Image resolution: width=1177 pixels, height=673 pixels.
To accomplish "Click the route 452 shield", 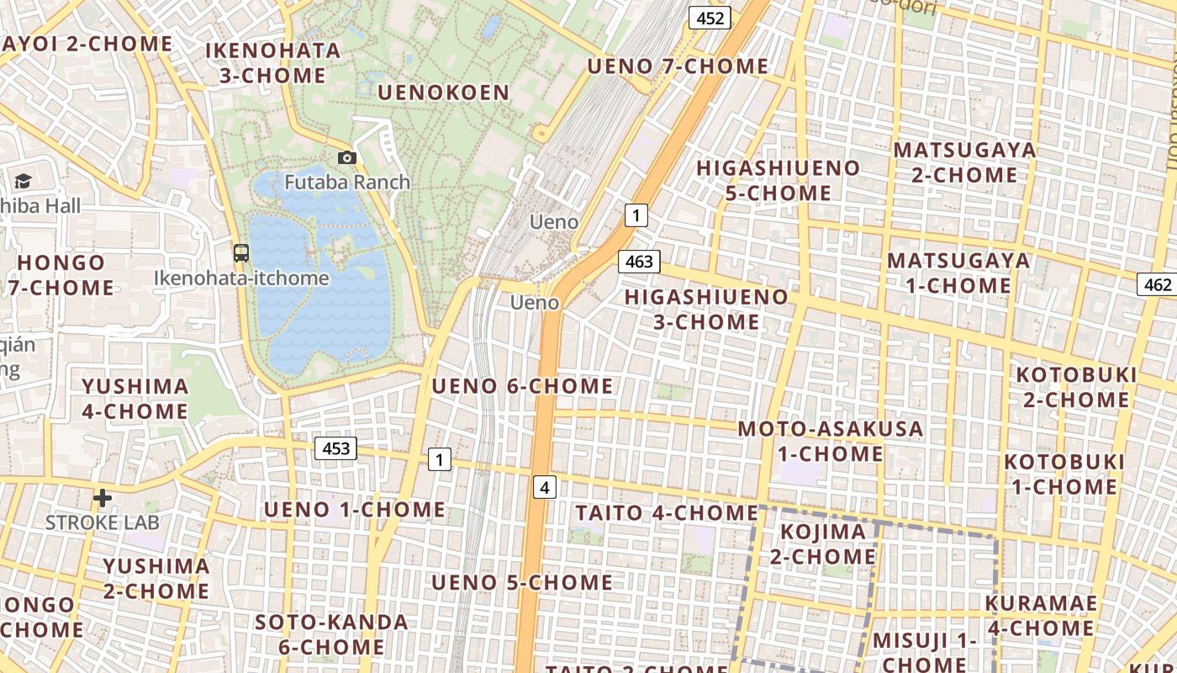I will pos(710,18).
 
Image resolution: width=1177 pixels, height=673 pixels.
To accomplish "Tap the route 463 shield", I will pos(639,262).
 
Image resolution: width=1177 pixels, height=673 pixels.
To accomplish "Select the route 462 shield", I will pos(1158,284).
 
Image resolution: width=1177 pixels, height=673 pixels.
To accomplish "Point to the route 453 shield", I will pos(335,448).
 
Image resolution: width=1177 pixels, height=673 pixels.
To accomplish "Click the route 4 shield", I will pos(545,486).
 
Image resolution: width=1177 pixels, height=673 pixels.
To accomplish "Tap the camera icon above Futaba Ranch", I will pos(346,157).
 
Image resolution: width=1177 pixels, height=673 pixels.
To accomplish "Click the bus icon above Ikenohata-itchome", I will pos(241,252).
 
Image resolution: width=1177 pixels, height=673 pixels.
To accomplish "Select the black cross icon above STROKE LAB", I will pos(103,498).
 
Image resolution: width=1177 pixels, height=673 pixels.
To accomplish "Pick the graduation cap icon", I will pos(23,181).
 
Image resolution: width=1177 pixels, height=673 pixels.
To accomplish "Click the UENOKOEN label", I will pos(444,93).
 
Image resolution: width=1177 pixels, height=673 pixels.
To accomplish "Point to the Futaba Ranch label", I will pos(347,182).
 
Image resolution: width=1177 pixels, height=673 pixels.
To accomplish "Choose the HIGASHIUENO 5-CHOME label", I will pos(778,181).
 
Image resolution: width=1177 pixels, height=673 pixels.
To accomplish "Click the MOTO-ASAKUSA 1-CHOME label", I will pos(830,442).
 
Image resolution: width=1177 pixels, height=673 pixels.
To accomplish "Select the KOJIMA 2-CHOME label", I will pos(823,544).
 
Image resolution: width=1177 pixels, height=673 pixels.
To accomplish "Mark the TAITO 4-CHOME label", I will pos(667,512).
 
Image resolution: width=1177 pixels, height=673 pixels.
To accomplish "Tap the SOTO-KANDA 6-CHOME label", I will pos(331,635).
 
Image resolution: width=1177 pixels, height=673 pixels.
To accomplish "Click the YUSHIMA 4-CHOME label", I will pos(135,399).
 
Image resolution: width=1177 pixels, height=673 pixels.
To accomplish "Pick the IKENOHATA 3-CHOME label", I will pos(273,63).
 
